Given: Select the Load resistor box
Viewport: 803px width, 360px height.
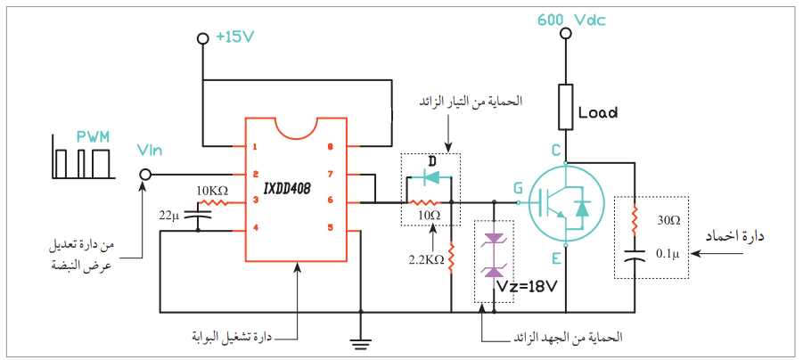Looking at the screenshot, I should click(566, 108).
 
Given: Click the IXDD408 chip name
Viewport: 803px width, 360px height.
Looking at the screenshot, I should click(287, 188).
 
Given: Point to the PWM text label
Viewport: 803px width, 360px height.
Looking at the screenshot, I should click(94, 137).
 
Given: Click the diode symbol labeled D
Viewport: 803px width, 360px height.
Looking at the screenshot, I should click(432, 177).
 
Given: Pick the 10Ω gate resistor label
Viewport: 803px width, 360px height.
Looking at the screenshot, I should click(430, 216).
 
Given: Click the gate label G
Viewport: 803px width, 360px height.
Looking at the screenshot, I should click(517, 188).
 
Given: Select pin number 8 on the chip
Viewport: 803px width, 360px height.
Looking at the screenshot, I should click(330, 146).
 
